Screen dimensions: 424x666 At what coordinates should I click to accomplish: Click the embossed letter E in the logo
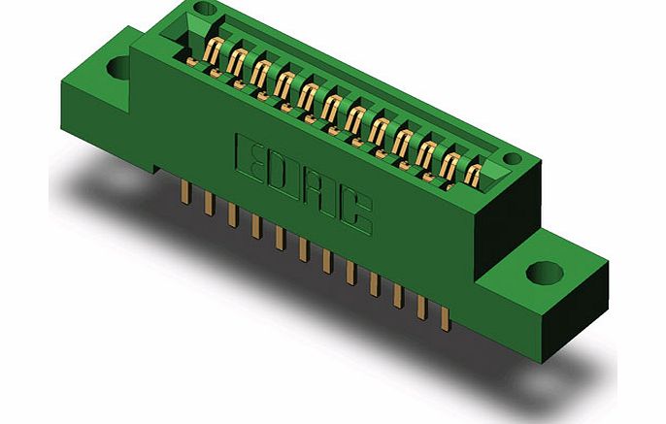(x=250, y=155)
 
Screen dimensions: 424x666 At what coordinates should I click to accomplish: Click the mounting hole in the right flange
(x=542, y=271)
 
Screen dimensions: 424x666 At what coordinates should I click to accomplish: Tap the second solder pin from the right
(x=421, y=305)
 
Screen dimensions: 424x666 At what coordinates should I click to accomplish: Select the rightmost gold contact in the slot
(x=474, y=175)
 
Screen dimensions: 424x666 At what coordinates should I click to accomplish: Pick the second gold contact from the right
(x=450, y=164)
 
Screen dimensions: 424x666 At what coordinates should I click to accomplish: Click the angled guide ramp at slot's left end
(x=190, y=39)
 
